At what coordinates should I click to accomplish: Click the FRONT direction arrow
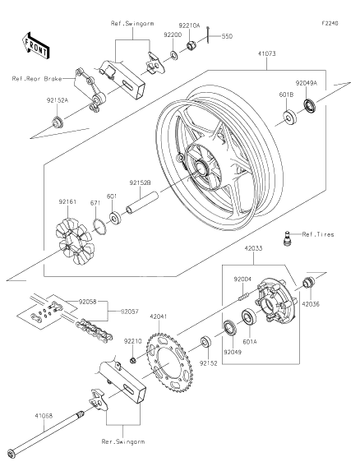coord(35,46)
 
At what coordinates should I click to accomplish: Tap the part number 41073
coord(266,53)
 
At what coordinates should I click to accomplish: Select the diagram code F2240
coord(330,23)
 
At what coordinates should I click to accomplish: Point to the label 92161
coord(67,202)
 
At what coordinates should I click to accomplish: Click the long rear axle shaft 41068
coord(46,433)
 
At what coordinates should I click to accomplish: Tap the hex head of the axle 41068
coord(12,453)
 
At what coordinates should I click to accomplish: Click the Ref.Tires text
coord(317,234)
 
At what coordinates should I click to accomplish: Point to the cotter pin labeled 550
coord(208,35)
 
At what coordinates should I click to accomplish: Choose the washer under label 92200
coord(174,55)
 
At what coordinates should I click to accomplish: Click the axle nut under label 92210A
coord(192,45)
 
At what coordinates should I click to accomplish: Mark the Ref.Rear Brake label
coord(37,79)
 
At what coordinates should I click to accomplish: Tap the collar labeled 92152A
coord(57,121)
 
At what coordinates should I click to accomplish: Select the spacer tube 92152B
coord(141,203)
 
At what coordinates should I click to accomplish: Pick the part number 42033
coord(253,248)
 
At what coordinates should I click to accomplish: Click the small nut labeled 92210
coord(132,359)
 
